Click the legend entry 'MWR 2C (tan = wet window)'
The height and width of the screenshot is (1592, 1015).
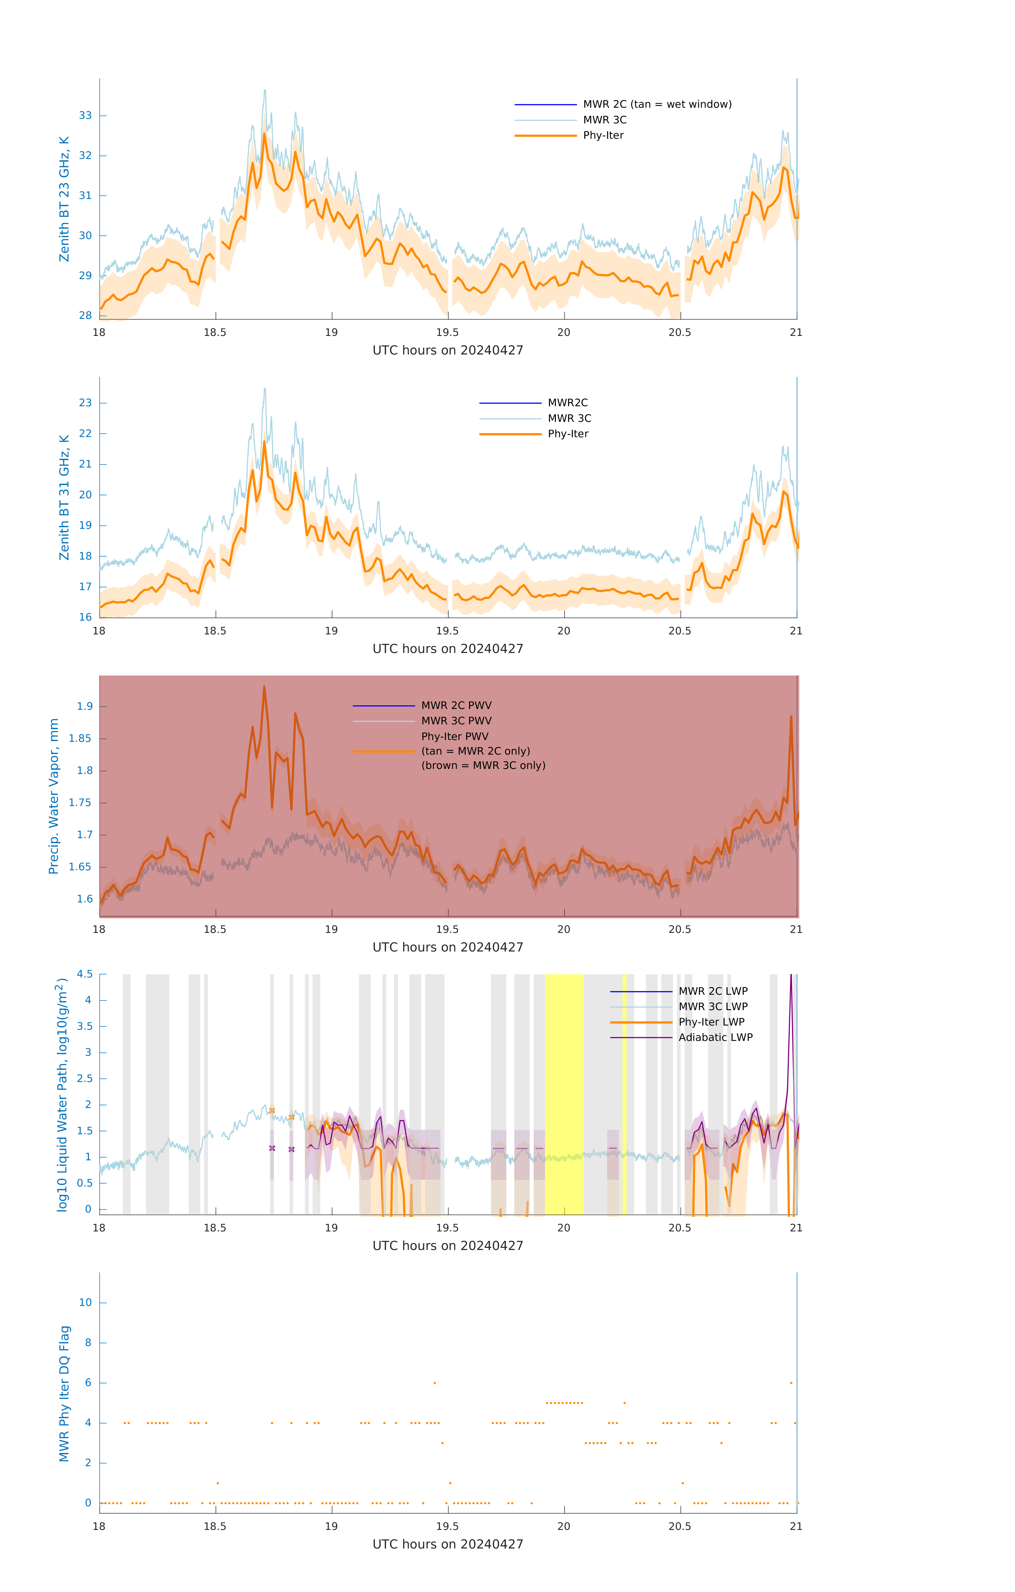[656, 105]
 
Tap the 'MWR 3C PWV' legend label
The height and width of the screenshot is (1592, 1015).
[456, 721]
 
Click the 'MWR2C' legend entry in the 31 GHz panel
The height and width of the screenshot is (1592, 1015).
[567, 403]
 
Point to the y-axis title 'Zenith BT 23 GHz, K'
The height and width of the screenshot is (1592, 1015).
[64, 199]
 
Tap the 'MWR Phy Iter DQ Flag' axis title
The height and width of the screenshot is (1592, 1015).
[64, 1394]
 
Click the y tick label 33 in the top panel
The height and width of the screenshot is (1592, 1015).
[85, 116]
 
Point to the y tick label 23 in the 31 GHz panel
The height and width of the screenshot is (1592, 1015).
[85, 403]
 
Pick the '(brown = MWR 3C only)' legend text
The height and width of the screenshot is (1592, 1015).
[483, 765]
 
